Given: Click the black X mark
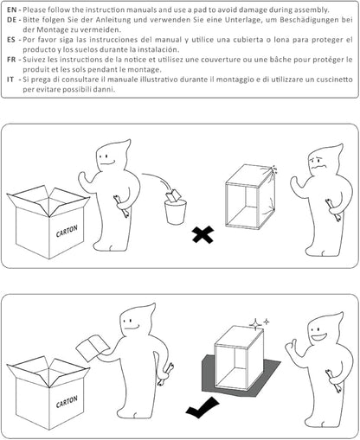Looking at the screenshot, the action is (203, 234).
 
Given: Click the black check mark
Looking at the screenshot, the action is (202, 407).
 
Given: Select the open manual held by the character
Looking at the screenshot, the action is (93, 348).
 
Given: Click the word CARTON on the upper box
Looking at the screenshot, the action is (67, 231).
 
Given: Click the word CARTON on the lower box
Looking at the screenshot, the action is (67, 402).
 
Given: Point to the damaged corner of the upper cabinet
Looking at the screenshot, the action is (271, 170).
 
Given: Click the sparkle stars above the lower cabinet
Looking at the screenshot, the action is (259, 323).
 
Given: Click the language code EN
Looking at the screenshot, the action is (11, 10).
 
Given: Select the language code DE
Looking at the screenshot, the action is (11, 20).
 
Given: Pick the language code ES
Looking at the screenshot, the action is (11, 40).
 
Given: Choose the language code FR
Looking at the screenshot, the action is (11, 60).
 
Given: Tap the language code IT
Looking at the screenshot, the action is (10, 80).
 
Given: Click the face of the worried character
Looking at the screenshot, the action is (318, 163).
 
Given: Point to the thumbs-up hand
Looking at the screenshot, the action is (292, 347).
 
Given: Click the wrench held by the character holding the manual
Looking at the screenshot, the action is (165, 374).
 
